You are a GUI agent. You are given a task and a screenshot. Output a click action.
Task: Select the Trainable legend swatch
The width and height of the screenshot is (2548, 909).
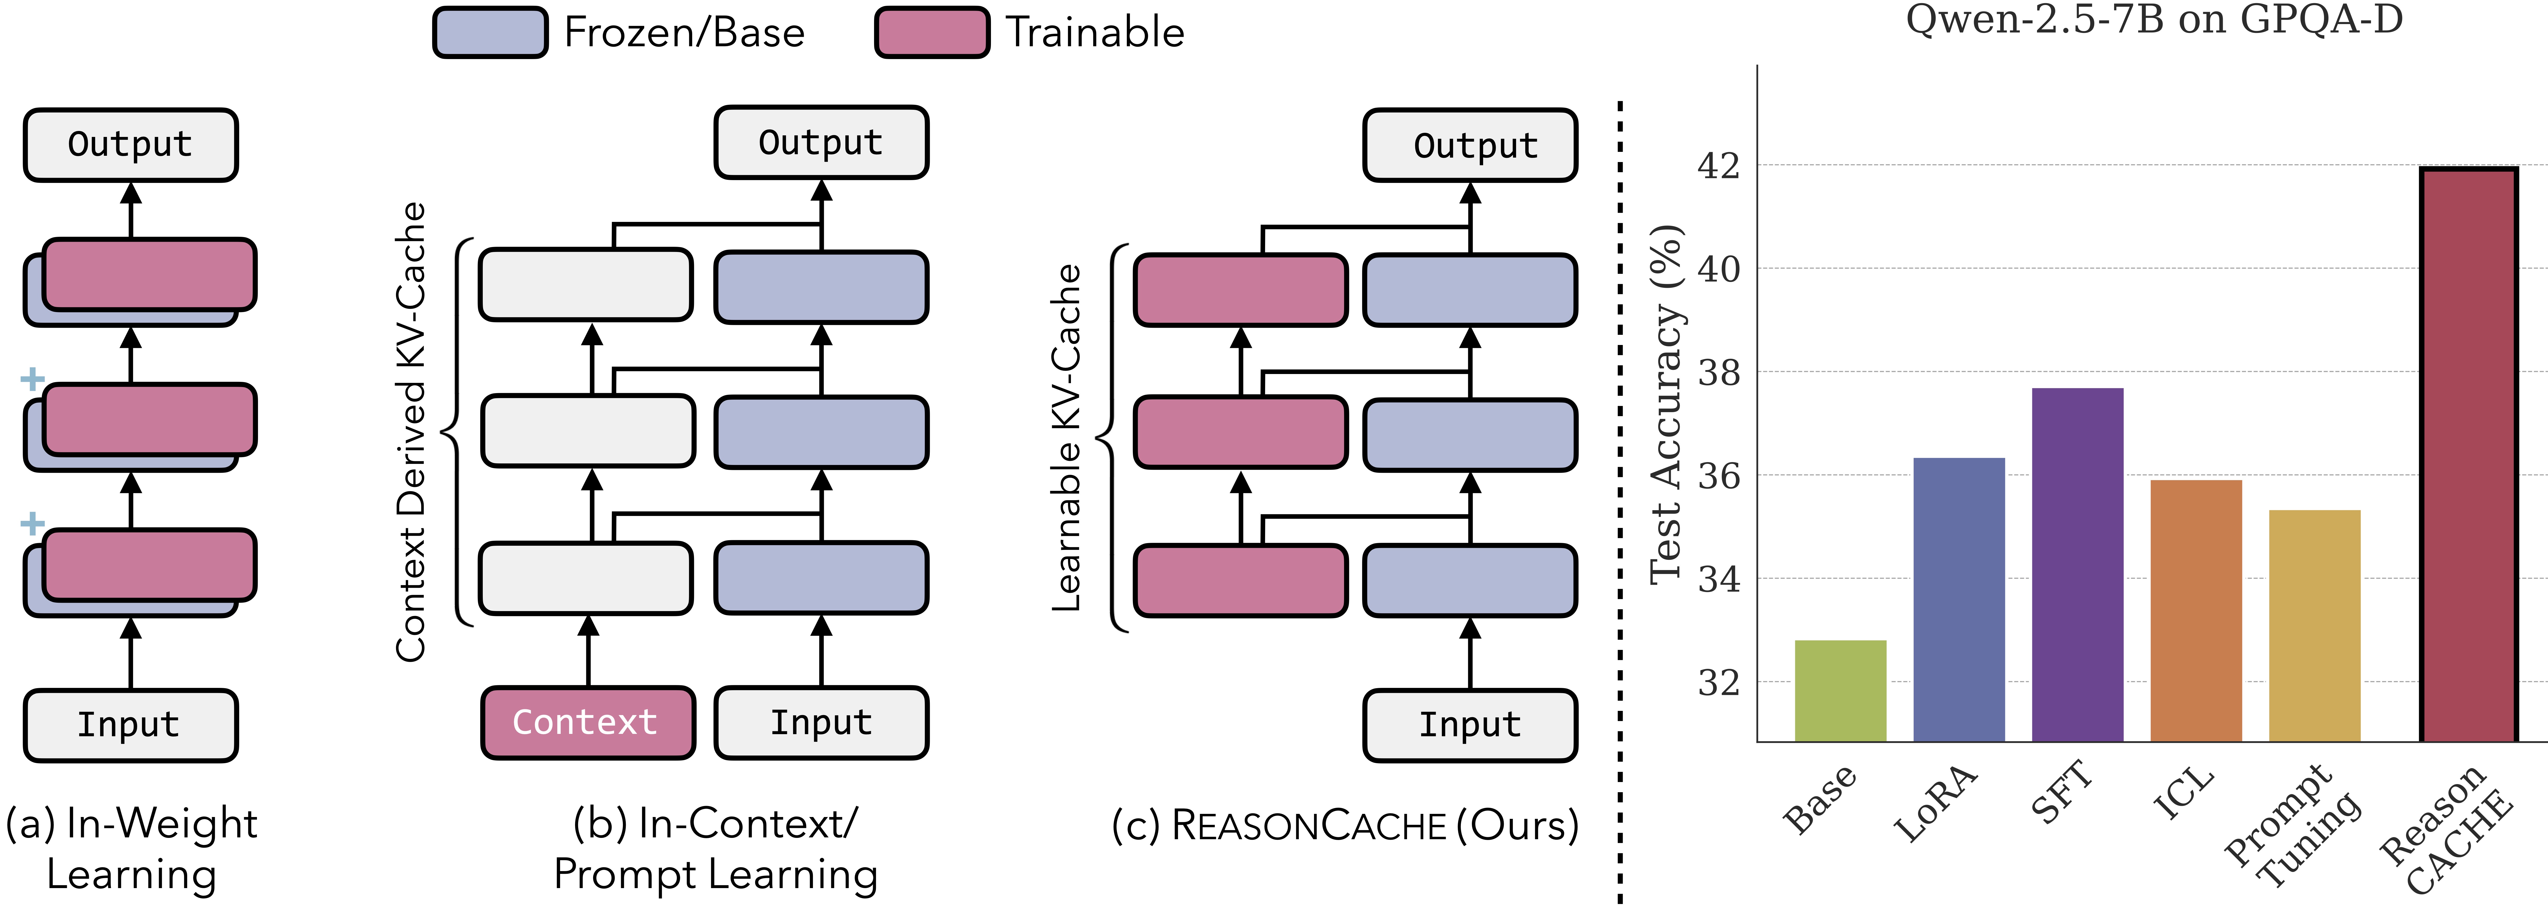click(x=932, y=33)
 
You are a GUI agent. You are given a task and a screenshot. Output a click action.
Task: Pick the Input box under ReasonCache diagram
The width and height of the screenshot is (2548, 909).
click(x=1470, y=725)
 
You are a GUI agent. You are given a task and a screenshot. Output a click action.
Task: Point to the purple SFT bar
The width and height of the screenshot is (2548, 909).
click(x=2077, y=564)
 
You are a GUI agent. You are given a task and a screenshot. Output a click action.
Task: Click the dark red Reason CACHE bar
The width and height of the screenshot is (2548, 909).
click(x=2468, y=455)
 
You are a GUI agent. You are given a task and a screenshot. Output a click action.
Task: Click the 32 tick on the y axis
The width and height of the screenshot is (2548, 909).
click(x=1718, y=682)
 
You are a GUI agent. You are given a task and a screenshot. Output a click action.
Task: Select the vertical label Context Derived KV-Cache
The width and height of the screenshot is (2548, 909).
click(x=410, y=432)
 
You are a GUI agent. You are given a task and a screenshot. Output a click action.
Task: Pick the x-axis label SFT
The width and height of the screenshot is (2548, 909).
click(x=2062, y=791)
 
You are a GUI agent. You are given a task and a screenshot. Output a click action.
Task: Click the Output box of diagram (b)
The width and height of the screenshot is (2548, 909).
click(x=821, y=142)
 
